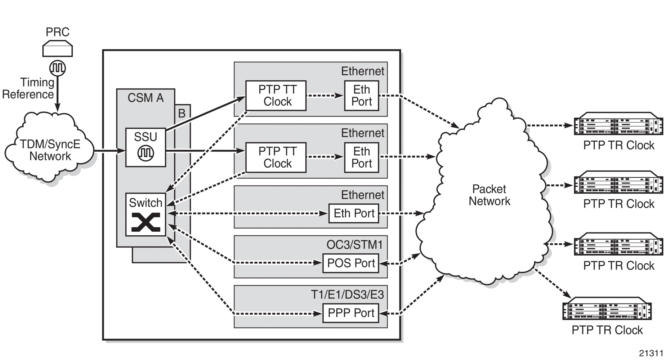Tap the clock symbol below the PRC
(x=58, y=68)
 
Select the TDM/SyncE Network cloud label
(x=50, y=150)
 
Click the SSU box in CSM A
(x=146, y=147)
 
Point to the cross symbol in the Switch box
(x=146, y=222)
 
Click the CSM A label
(x=146, y=98)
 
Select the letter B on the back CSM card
(x=182, y=113)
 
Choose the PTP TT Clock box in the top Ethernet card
(x=276, y=95)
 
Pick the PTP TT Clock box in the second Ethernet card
(x=276, y=157)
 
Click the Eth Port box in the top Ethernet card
(x=361, y=95)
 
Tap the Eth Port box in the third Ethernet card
(x=354, y=213)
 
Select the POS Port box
(x=351, y=263)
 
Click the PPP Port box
(x=351, y=313)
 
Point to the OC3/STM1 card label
(x=354, y=245)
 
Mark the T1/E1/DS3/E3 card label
(x=347, y=294)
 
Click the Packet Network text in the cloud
(x=489, y=195)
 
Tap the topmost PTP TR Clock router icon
(x=618, y=124)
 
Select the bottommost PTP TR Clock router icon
(x=607, y=308)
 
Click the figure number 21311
(x=651, y=353)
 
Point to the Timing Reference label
(x=28, y=88)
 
